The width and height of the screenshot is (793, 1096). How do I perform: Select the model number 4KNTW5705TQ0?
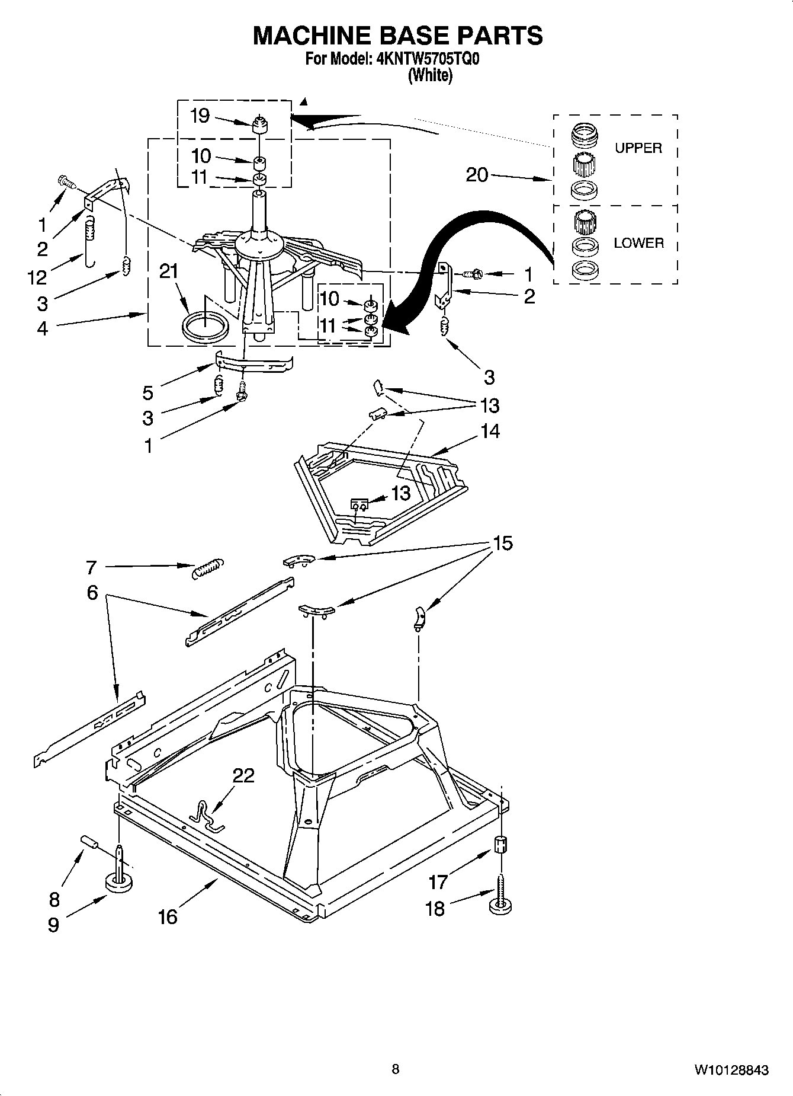click(423, 59)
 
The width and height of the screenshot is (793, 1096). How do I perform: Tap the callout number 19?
click(200, 116)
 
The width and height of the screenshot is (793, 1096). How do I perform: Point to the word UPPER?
click(638, 148)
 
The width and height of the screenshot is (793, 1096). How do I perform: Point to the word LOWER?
click(638, 243)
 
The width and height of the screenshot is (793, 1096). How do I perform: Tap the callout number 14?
click(490, 431)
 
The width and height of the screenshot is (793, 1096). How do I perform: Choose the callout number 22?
click(243, 775)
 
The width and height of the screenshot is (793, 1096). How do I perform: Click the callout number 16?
click(168, 917)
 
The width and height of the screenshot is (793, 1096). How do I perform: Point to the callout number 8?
click(54, 900)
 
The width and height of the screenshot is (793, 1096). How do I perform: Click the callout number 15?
click(503, 543)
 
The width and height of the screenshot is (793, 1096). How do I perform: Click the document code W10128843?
click(731, 1070)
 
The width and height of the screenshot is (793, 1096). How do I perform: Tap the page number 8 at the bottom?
click(396, 1069)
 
